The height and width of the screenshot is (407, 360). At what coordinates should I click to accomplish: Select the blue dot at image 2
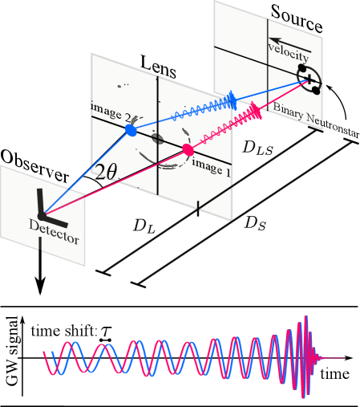click(130, 129)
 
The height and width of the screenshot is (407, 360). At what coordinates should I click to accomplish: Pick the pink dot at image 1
click(188, 149)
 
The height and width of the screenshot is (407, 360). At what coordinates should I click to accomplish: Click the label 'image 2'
click(113, 112)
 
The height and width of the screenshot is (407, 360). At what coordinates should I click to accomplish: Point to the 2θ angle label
click(105, 171)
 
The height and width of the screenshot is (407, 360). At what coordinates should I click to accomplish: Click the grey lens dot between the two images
click(158, 140)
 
